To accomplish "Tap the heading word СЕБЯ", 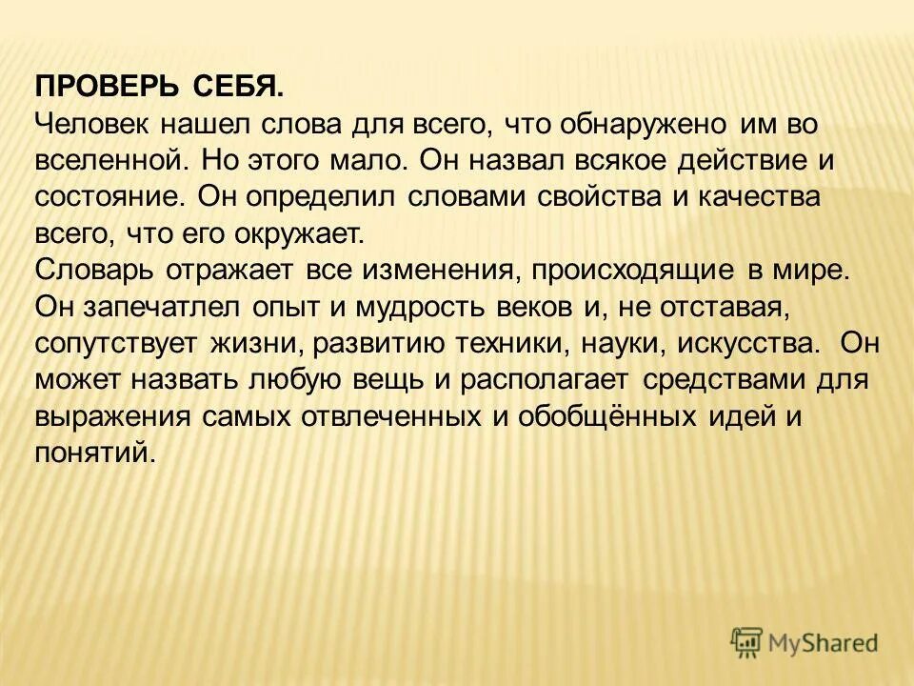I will pyautogui.click(x=238, y=87).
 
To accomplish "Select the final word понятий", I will pyautogui.click(x=93, y=451).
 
